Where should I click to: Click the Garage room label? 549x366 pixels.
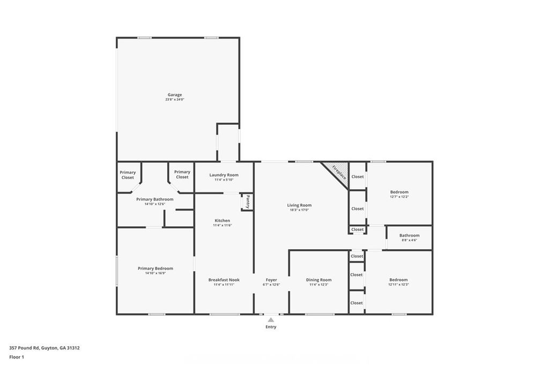[x=175, y=95]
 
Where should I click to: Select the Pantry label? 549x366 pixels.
[x=248, y=201]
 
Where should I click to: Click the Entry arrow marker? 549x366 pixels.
[x=271, y=320]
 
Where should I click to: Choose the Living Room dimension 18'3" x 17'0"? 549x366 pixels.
[x=299, y=210]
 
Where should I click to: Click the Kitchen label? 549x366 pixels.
[x=222, y=220]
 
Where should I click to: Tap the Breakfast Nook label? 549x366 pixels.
[x=224, y=280]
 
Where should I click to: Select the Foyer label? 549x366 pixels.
[x=271, y=280]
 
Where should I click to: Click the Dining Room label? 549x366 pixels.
[x=318, y=280]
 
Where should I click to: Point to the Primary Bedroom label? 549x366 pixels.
[x=155, y=268]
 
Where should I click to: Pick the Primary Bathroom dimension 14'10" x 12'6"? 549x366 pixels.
[x=155, y=204]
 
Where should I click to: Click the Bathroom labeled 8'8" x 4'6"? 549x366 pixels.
[x=409, y=235]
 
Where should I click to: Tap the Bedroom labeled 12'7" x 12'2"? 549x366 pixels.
[x=399, y=192]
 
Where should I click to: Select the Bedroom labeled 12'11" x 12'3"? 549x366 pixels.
[x=398, y=280]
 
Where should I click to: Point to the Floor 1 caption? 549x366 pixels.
[x=17, y=357]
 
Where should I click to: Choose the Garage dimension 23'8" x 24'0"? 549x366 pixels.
[x=175, y=100]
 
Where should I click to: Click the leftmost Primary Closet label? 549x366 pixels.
[x=128, y=175]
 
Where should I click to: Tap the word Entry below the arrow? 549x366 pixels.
[x=271, y=327]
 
